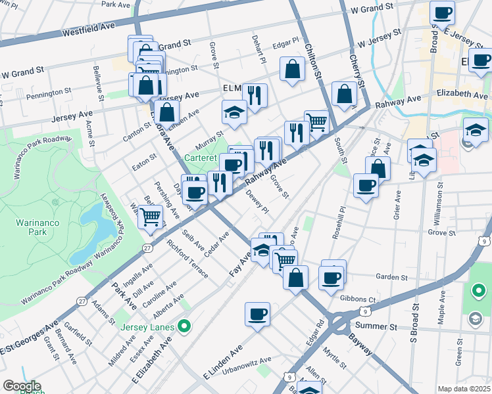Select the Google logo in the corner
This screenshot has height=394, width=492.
pos(22,386)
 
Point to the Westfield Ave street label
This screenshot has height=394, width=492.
pos(88,30)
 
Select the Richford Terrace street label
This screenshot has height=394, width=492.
pos(187,260)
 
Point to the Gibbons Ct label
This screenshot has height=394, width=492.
pos(362,299)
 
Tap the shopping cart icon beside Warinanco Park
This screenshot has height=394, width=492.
pos(151,216)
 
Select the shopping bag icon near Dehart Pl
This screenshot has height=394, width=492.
pos(292,68)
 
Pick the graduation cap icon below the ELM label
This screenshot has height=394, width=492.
pos(234,112)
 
